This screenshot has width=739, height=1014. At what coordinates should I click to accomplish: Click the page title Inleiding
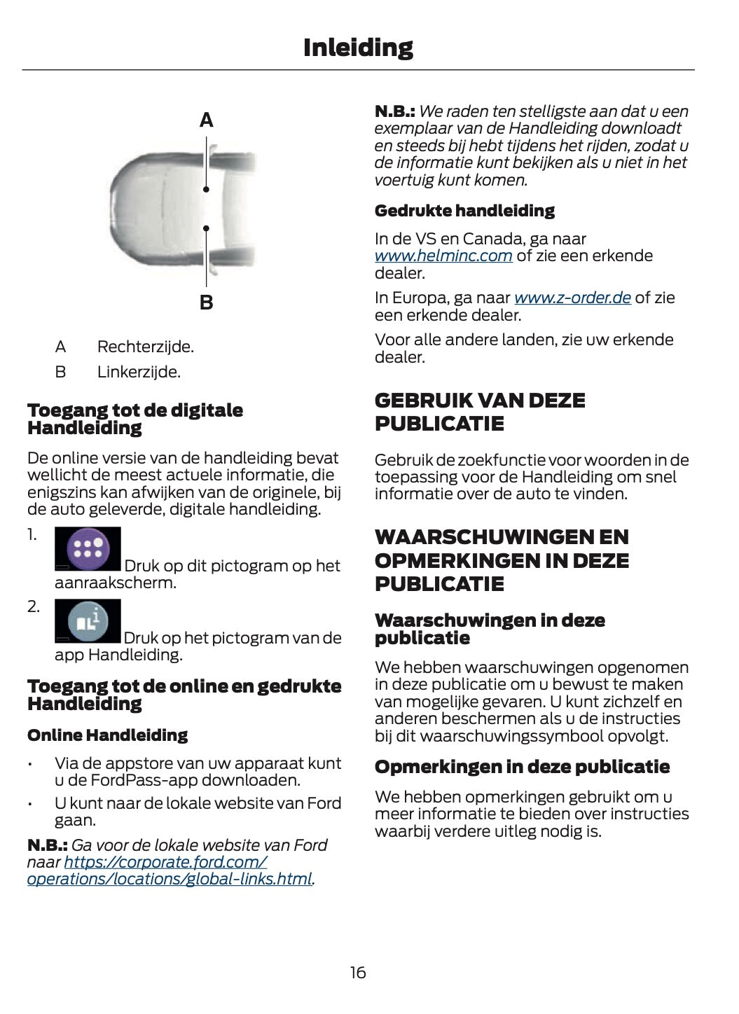click(358, 48)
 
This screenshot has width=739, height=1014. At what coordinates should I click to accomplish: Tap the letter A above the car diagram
click(206, 120)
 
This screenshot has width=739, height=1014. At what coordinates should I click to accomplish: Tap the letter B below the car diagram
click(206, 303)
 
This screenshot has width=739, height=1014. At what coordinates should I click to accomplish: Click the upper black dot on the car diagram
click(206, 190)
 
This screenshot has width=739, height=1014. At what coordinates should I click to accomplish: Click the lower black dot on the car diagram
click(206, 228)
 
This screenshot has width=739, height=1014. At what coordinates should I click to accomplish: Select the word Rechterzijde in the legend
click(145, 347)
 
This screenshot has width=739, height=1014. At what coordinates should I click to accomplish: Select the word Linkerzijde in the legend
click(138, 372)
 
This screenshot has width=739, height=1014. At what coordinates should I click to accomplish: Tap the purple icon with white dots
click(88, 548)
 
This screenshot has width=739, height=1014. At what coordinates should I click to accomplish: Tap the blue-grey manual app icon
click(88, 620)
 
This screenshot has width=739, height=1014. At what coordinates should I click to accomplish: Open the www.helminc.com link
click(443, 256)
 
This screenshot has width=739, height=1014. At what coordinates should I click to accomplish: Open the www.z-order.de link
click(572, 298)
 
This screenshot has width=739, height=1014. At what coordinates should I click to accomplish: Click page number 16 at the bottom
click(357, 972)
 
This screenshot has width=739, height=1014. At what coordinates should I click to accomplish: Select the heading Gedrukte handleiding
click(464, 211)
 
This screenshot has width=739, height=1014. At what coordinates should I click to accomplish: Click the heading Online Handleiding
click(107, 735)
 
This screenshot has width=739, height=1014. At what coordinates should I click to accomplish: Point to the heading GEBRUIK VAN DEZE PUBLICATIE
click(480, 412)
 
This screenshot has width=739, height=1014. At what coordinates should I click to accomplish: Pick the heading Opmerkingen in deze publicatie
click(522, 767)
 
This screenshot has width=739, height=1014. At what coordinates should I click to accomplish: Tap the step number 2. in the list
click(34, 606)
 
